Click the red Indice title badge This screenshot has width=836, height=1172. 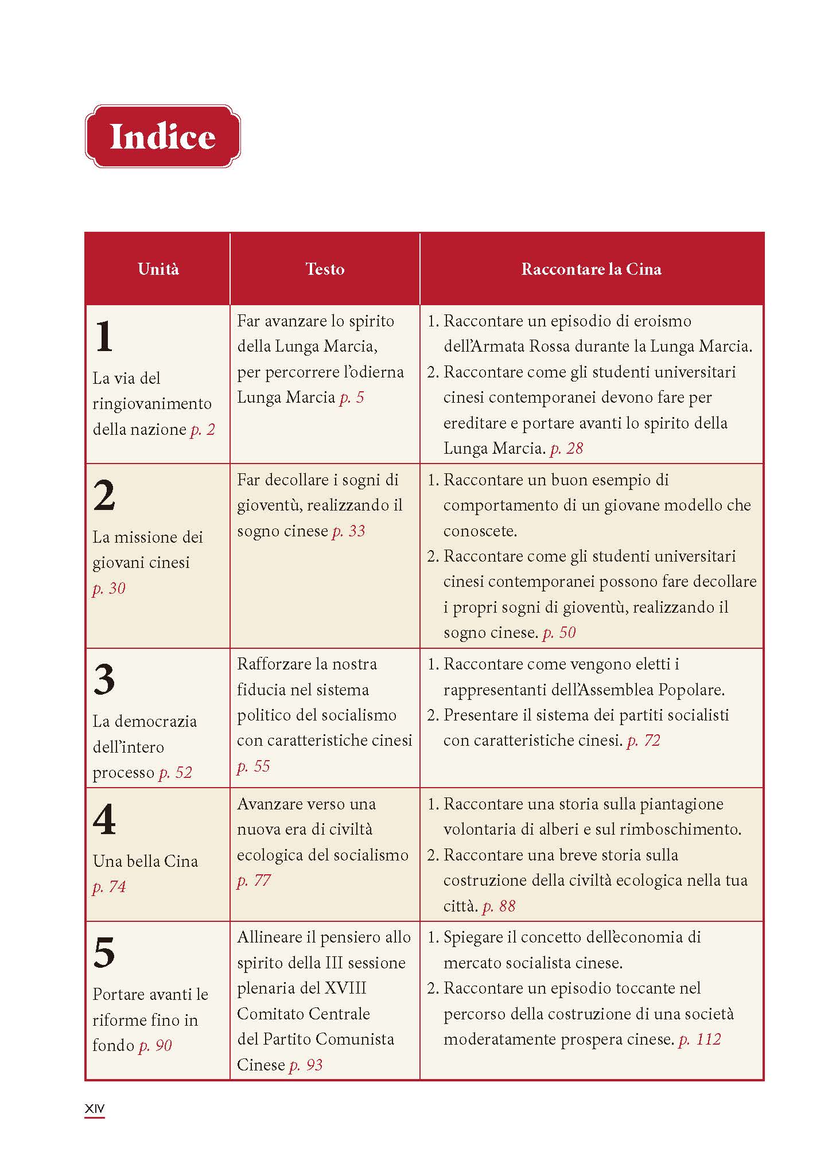pos(162,137)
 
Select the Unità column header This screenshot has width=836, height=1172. pos(158,269)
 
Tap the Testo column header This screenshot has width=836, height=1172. pos(325,269)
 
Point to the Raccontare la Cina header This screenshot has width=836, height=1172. pos(591,269)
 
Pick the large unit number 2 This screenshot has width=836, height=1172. pos(104,495)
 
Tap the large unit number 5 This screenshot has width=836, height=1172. pos(104,953)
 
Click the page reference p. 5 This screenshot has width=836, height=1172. pos(352,398)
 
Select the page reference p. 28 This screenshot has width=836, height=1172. pos(566,449)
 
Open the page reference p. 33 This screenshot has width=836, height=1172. pos(349,531)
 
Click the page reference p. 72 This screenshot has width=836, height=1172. pos(644,741)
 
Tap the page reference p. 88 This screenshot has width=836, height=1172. pos(499,906)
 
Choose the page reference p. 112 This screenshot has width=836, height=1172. pos(699,1039)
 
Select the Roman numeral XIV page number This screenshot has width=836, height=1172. pos(95,1109)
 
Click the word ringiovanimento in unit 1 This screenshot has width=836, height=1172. pos(152,404)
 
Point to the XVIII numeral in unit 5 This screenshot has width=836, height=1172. pos(345,988)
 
